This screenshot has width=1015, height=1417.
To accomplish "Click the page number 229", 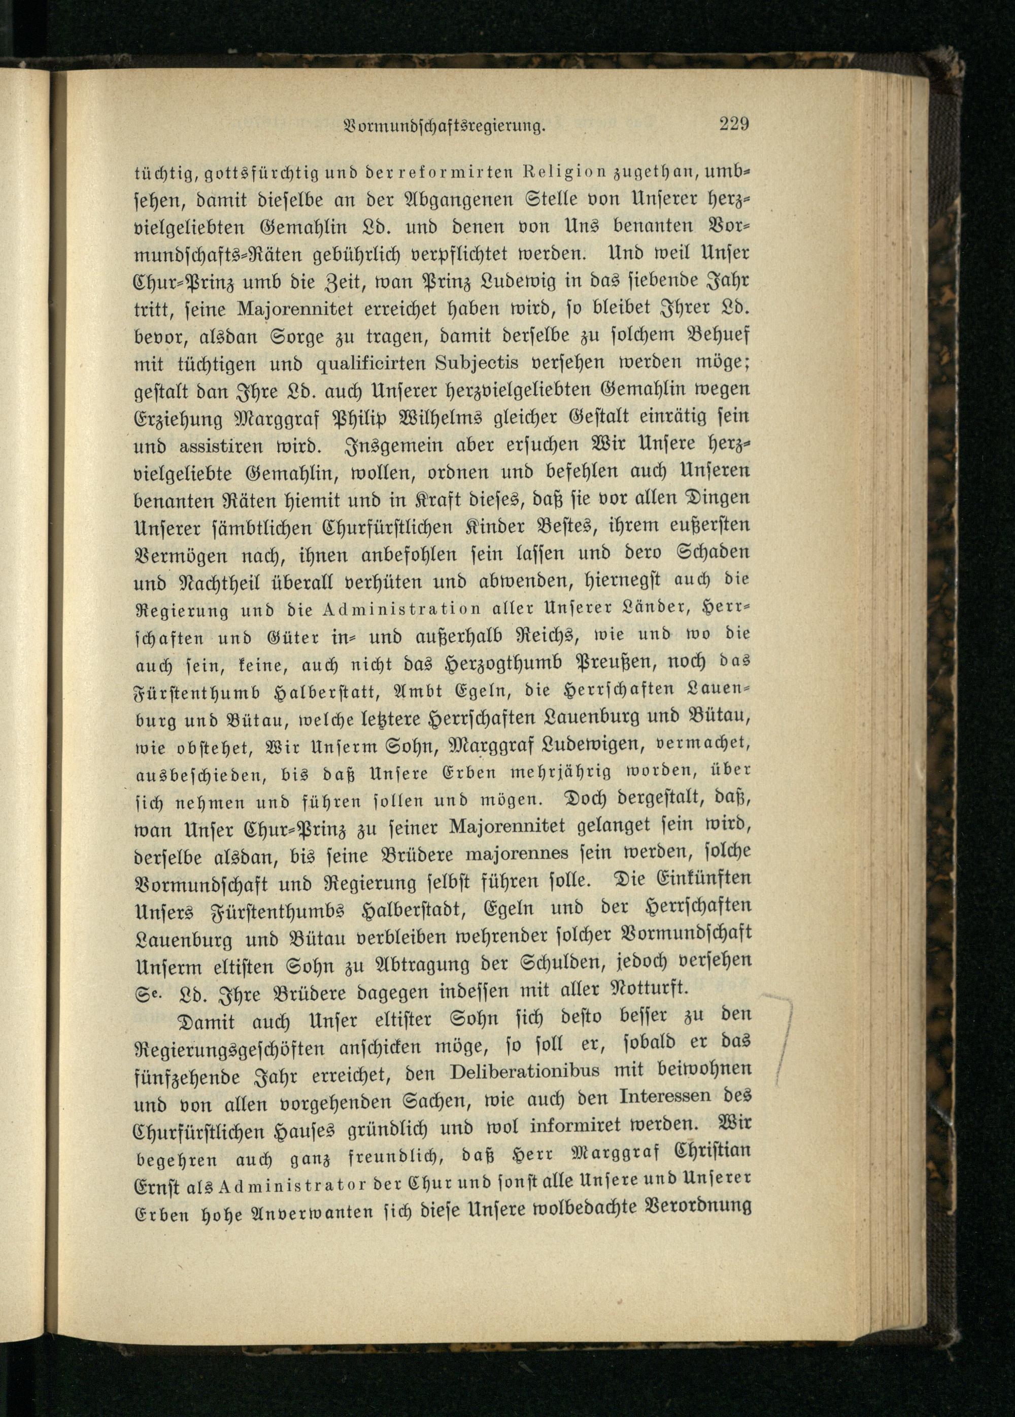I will point(734,124).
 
